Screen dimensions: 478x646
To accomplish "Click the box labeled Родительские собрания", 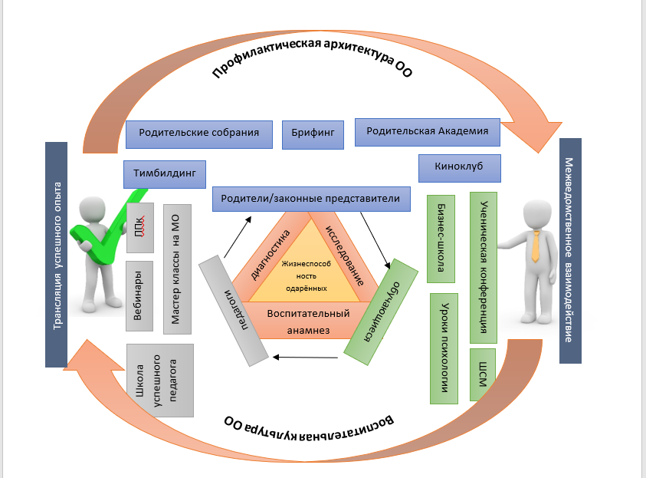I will (198, 133).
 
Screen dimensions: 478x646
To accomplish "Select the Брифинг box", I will (313, 133).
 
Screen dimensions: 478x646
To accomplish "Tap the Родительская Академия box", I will (427, 131).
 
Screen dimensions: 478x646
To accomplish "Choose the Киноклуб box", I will (460, 166).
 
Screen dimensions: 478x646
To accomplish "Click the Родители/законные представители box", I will (310, 199).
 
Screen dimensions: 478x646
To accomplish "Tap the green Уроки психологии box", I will (444, 347).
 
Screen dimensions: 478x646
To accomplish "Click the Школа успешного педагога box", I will (159, 380).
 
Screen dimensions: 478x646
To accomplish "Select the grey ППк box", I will (139, 229).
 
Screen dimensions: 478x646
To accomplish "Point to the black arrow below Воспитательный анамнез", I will (307, 357).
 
